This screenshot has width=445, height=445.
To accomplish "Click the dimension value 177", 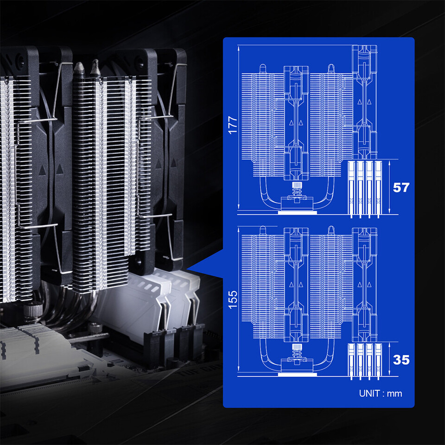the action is click(233, 125).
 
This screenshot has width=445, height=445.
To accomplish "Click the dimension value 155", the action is click(233, 300).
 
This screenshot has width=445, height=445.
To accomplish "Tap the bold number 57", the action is click(401, 188).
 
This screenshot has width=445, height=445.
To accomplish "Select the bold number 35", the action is click(401, 360).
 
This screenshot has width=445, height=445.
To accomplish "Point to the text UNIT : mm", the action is click(380, 394).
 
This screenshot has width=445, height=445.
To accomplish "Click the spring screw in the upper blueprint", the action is click(297, 191).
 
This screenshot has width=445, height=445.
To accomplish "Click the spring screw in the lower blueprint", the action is click(297, 353).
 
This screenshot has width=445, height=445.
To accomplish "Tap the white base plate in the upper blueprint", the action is click(297, 213).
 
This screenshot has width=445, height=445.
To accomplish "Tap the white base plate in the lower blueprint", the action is click(297, 375).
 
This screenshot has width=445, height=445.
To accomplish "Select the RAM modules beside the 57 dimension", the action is click(365, 189).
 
